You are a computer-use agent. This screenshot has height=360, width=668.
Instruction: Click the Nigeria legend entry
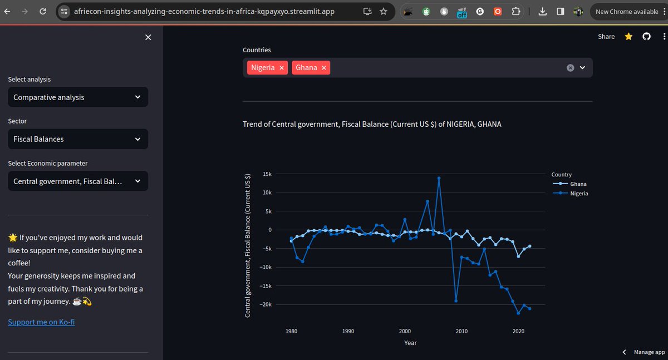tap(578, 194)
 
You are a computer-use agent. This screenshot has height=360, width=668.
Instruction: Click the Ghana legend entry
tap(578, 184)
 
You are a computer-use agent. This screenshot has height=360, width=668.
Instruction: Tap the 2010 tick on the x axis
tap(461, 331)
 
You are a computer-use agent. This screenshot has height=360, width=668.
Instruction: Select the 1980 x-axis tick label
tap(291, 331)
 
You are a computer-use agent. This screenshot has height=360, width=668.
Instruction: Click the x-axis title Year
tap(410, 343)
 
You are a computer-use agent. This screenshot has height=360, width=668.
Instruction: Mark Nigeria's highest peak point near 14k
tap(439, 178)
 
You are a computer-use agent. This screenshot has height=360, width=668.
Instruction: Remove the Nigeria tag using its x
tap(282, 68)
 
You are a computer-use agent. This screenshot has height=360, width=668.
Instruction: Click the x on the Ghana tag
tap(324, 68)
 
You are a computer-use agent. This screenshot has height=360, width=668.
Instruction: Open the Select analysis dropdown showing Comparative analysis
tap(78, 97)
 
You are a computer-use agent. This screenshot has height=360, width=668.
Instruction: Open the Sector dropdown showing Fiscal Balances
tap(78, 139)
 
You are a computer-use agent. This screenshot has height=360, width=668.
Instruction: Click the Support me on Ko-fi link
tap(41, 322)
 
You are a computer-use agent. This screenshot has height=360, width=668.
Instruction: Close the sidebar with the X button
tap(148, 37)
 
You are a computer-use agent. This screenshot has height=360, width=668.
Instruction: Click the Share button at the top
tap(606, 37)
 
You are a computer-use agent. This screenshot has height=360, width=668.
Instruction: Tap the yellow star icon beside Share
tap(628, 37)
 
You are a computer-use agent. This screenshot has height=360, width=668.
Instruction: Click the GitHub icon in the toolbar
tap(646, 37)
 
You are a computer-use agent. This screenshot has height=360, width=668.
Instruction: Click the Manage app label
tap(649, 352)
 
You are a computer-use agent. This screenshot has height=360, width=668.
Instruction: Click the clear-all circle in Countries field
tap(570, 68)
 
